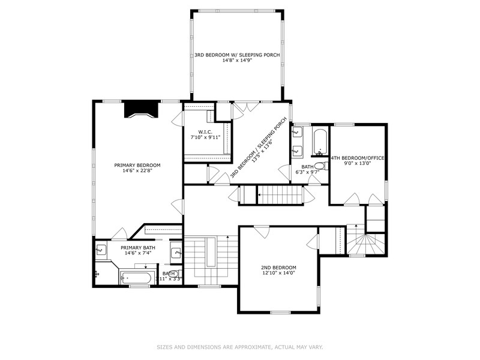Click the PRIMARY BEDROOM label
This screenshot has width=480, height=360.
coord(138,165)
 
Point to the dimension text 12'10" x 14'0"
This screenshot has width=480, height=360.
coord(278,273)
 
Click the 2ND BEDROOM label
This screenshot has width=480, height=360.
coord(278,268)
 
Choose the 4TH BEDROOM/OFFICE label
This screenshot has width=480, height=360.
coord(358,158)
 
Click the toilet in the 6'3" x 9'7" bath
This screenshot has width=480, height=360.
coord(320,166)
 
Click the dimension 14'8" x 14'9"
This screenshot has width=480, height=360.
coord(237,60)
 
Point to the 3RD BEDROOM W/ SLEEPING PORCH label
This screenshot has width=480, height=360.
coord(237,55)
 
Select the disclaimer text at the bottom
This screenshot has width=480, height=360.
coord(239,346)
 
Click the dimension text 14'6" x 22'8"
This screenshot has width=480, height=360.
coord(138,170)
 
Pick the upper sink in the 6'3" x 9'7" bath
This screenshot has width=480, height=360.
coord(297,133)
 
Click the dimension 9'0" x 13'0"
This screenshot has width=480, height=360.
coord(358,163)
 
